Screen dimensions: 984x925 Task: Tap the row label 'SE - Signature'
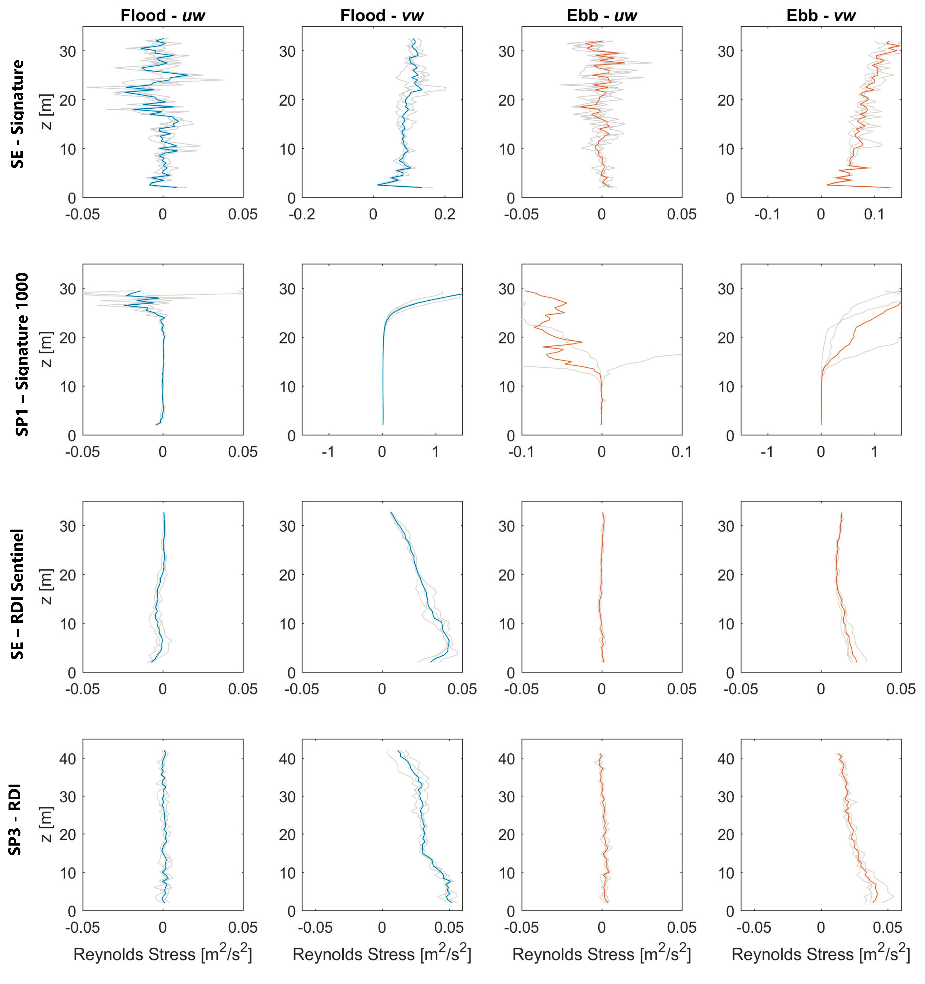coord(18,114)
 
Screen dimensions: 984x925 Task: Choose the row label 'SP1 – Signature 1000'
coord(22,354)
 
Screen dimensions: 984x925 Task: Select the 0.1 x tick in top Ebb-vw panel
coord(874,214)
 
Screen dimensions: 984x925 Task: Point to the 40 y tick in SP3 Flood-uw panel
coord(68,758)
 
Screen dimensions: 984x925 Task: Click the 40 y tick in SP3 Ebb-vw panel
coord(726,758)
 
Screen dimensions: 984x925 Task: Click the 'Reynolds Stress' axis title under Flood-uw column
coord(162,954)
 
